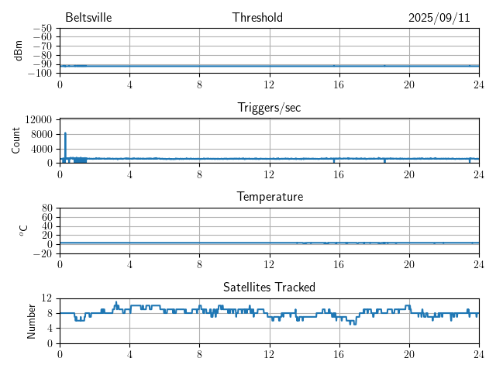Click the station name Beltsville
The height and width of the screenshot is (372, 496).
coord(89,17)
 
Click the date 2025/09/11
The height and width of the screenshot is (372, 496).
coord(439,17)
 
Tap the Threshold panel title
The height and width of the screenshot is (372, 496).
coord(257,17)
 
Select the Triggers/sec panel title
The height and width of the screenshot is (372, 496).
coord(269,108)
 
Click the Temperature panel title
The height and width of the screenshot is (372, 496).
coord(269,197)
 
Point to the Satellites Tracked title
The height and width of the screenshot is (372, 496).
coord(269,287)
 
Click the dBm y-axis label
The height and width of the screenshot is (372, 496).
coord(19,50)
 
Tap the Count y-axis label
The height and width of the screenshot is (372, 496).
coord(16,140)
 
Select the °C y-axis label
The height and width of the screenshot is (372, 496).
coord(24,230)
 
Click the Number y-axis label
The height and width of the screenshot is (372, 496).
coord(32,320)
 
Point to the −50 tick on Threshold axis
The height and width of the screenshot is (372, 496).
coord(42,29)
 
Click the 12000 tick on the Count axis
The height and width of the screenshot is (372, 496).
coord(39,119)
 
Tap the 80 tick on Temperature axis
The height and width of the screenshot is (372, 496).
coord(46,208)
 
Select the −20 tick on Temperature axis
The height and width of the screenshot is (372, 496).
coord(42,253)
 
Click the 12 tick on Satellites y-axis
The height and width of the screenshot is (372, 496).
coord(46,298)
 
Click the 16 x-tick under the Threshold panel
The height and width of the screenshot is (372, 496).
coord(339,84)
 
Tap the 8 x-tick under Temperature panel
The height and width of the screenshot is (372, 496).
coord(199,263)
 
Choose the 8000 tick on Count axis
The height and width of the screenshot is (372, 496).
coord(42,134)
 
